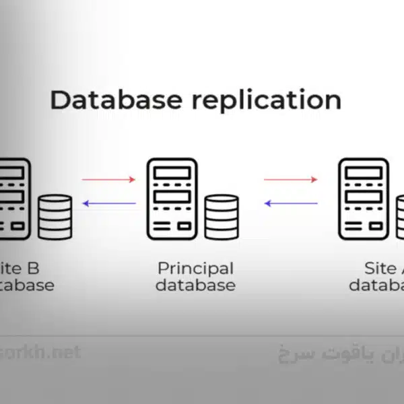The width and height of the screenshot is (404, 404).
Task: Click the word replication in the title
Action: tap(266, 101)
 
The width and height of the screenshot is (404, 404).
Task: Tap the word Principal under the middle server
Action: tap(195, 268)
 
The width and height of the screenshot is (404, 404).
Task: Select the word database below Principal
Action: tap(195, 285)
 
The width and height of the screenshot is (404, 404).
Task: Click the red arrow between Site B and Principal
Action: tap(108, 180)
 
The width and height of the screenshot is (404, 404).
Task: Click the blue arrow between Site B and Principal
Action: tap(108, 203)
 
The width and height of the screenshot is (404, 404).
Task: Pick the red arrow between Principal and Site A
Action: tap(290, 180)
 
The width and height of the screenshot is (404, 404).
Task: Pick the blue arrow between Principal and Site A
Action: tap(290, 203)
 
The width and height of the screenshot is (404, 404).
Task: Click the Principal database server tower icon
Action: tap(172, 199)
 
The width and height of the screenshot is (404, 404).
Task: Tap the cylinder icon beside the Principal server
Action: tap(222, 217)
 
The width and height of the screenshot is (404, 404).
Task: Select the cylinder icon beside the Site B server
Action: tap(55, 217)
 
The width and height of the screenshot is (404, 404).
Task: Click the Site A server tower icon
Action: tap(363, 199)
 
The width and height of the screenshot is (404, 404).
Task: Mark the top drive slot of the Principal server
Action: tap(172, 172)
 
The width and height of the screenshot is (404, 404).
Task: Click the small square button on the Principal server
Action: tap(184, 226)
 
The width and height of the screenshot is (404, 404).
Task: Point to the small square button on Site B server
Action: tap(17, 226)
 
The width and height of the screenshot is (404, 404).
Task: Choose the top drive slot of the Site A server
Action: tap(363, 172)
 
